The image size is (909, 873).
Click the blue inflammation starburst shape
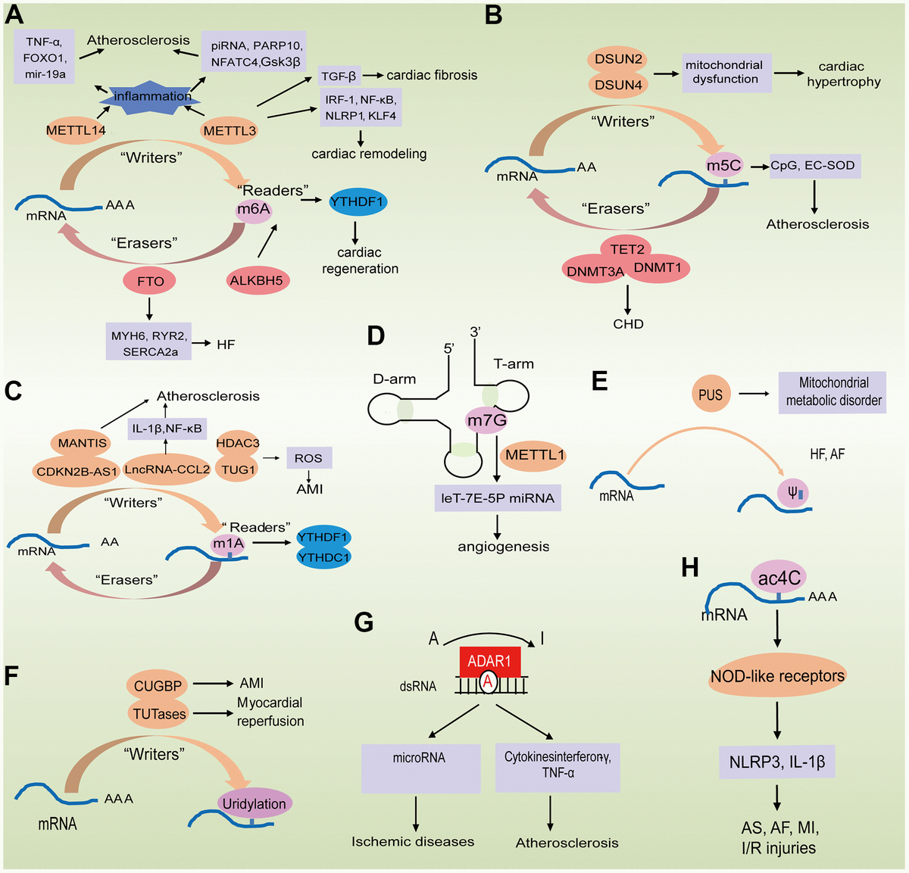pos(152,97)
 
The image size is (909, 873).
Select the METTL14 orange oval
pos(76,130)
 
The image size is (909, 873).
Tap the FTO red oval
pos(150,282)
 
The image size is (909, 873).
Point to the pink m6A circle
pos(255,210)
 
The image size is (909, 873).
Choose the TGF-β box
pos(339,76)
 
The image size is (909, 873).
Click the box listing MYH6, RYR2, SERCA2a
pos(149,344)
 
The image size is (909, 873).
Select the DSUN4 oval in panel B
pos(617,85)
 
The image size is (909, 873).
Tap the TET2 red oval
pos(627,249)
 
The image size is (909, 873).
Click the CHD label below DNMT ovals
pos(628,324)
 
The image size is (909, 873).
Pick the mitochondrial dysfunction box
pos(725,73)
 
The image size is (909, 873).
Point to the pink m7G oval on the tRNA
pos(486,420)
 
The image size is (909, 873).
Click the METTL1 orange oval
pos(535,455)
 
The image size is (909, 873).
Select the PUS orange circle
pos(710,394)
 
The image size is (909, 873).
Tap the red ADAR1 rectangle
pos(489,662)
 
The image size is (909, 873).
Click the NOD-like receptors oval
pos(777,676)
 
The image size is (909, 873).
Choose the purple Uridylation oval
pos(254,804)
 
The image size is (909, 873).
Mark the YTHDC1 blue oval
pos(323,557)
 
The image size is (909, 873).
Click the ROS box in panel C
pos(308,458)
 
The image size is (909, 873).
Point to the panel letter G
pos(364,622)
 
